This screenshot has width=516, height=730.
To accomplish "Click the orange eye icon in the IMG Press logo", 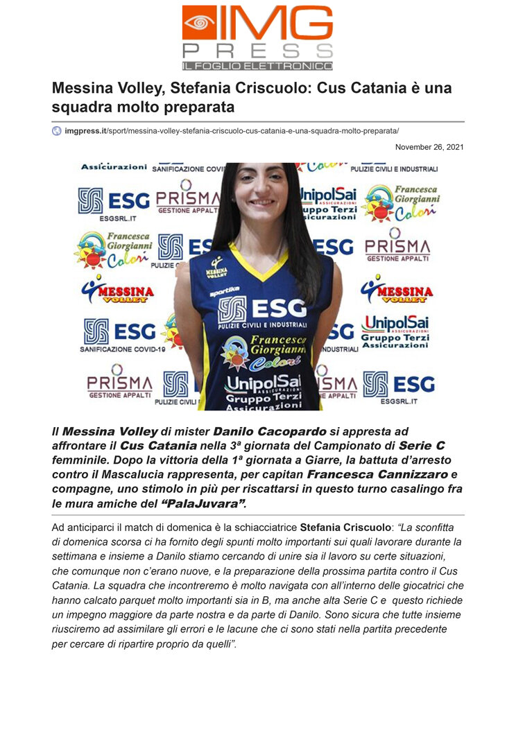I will click(199, 22).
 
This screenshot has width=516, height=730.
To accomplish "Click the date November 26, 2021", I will click(429, 147).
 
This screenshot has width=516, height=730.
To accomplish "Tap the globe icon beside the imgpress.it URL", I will click(57, 130).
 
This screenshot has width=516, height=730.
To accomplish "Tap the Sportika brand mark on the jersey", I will click(225, 293).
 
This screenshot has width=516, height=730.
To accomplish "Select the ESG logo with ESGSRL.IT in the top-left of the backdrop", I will click(113, 203).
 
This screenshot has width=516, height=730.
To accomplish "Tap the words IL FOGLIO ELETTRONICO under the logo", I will click(257, 66).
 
